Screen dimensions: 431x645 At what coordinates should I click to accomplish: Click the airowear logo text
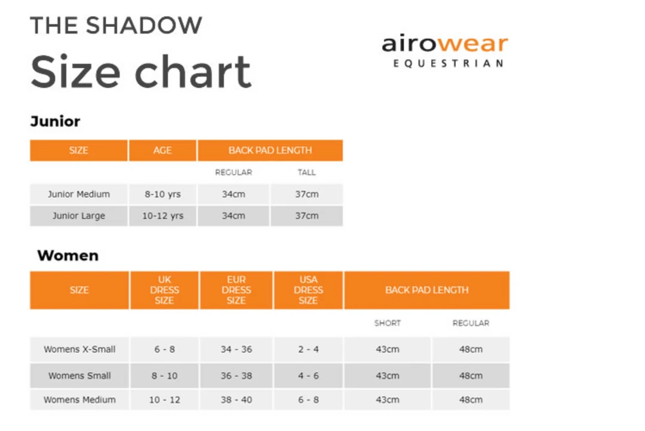coord(445,44)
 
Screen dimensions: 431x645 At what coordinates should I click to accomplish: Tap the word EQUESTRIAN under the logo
coord(449,63)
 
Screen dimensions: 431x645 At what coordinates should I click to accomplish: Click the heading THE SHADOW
coord(116,26)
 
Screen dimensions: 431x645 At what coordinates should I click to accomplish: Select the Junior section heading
coord(55,121)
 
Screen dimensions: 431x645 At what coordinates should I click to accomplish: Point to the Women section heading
coord(67,256)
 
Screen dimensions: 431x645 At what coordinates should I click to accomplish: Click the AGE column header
coord(162,151)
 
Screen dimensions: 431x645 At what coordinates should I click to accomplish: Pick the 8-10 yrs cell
coord(162,194)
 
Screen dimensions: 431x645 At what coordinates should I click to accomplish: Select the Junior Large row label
coord(79,216)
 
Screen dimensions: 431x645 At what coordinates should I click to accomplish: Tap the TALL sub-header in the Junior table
coord(306,172)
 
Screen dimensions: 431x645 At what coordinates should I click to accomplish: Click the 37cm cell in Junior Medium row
coord(306,194)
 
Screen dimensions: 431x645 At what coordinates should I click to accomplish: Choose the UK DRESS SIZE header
coord(164,290)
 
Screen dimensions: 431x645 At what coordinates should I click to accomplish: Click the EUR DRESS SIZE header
coord(236,290)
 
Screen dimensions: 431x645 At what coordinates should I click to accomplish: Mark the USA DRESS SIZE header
coord(308,290)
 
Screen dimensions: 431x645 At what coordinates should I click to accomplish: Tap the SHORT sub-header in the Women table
coord(387,323)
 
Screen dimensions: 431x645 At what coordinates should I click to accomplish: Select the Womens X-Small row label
coord(79,349)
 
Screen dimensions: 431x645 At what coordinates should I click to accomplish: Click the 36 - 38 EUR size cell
coord(236,376)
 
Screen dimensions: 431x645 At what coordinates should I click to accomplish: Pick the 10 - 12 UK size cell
coord(164,400)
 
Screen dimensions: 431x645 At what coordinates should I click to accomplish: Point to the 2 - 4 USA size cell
coord(308,349)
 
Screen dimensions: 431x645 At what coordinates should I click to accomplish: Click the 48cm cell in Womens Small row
coord(471,376)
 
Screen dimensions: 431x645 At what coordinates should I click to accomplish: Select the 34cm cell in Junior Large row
coord(234,216)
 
